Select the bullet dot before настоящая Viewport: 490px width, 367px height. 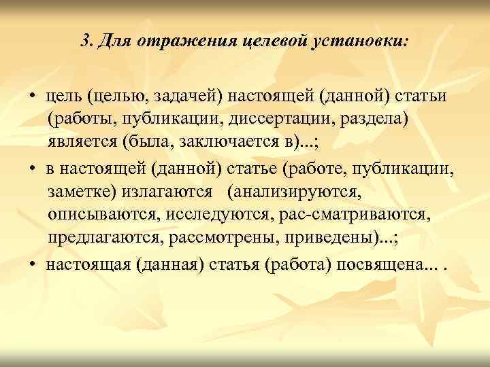33,264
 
